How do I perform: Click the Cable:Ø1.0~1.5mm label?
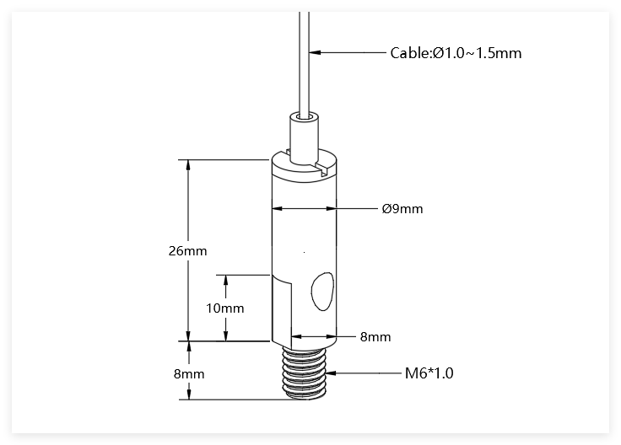456,53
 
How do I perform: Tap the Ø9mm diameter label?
402,208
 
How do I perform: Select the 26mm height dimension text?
187,251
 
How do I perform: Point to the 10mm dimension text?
225,308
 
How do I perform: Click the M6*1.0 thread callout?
429,373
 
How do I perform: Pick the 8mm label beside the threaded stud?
189,374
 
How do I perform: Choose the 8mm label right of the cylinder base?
375,337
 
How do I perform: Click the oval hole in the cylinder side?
322,291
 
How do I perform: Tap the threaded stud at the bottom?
304,371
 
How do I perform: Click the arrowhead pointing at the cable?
315,51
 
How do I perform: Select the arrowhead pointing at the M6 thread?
331,373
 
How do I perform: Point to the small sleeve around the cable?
304,137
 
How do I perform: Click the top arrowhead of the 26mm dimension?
188,165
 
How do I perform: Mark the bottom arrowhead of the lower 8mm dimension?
189,394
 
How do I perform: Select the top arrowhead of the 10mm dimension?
226,281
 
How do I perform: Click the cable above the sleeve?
304,63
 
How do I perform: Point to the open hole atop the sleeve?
304,117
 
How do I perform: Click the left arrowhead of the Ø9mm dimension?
278,208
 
